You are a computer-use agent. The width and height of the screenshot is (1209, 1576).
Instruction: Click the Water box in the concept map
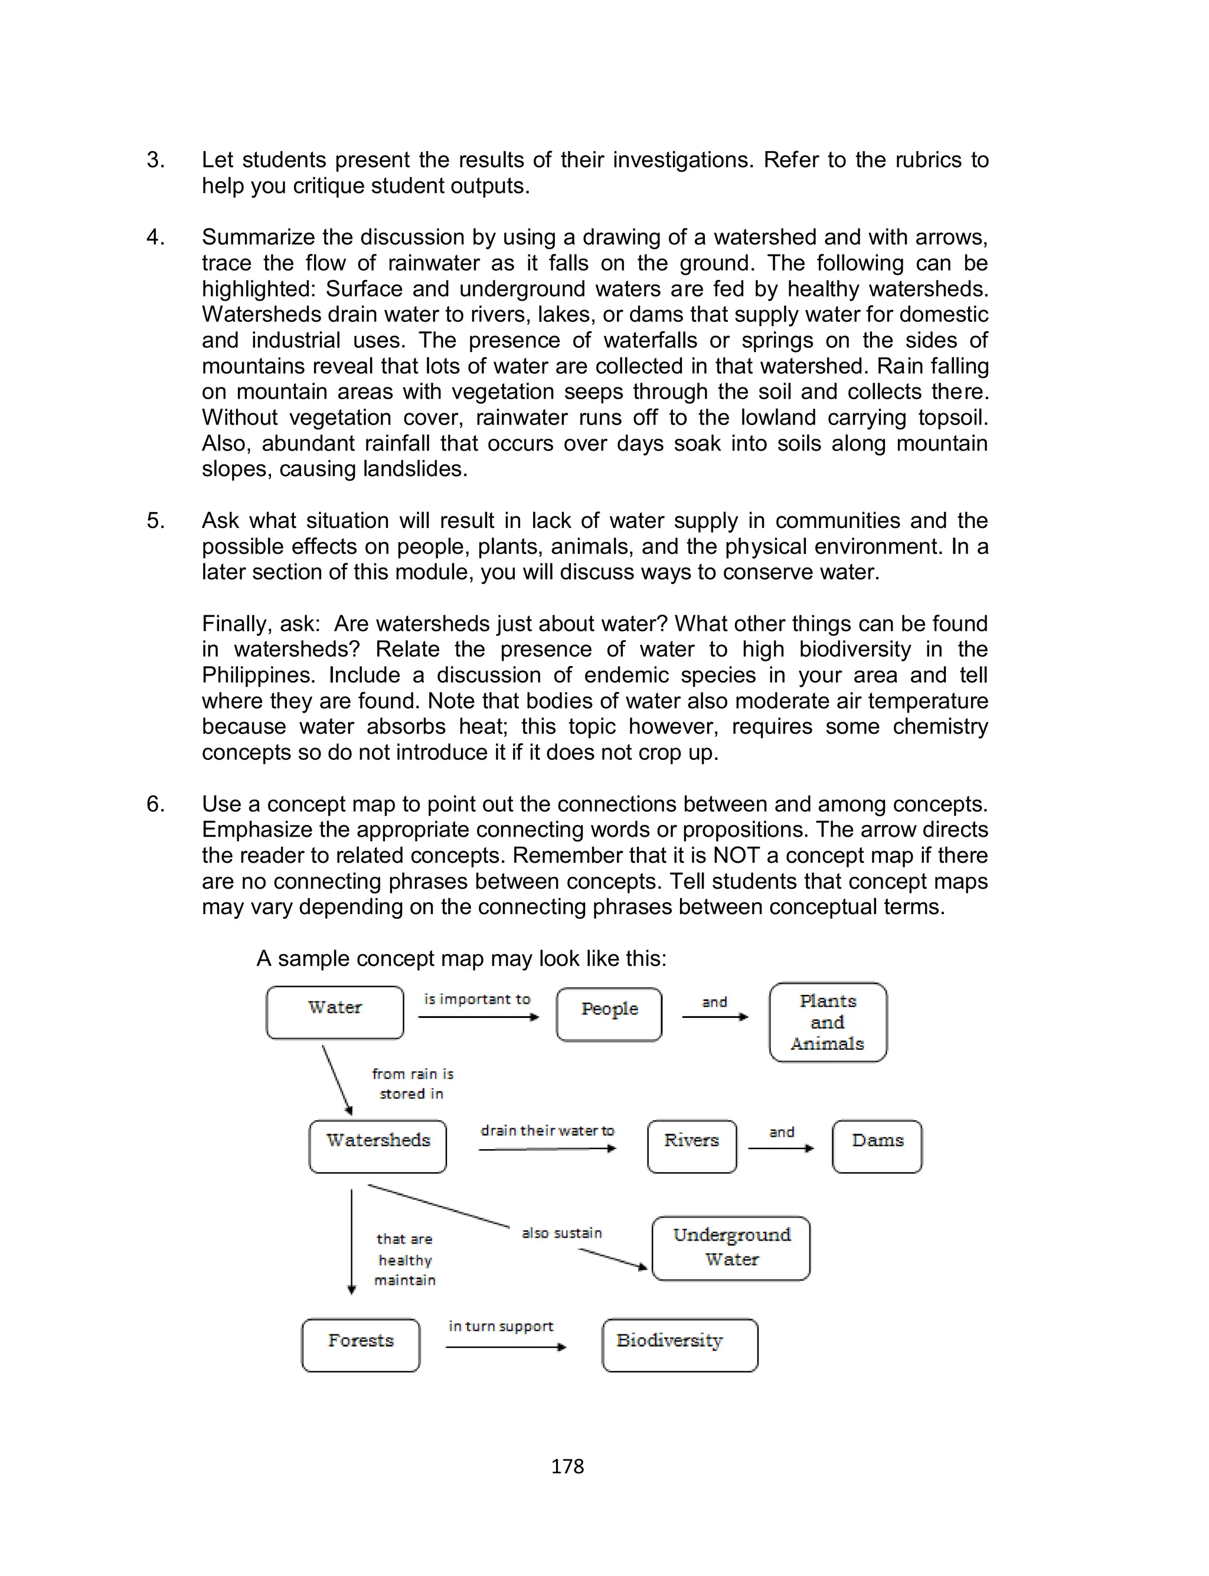coord(335,1012)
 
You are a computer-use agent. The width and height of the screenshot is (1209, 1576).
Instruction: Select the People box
coord(609,1014)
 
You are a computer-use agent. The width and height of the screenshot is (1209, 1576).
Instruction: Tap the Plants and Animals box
coord(828,1022)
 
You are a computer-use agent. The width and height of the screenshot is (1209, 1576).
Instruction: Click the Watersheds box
coord(378,1146)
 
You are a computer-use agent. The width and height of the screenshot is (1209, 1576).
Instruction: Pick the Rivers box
coord(692,1146)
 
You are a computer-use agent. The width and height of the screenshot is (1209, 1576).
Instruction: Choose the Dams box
coord(877,1146)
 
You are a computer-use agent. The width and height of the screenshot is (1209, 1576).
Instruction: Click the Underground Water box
coord(731,1247)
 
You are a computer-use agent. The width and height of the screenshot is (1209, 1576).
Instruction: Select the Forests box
coord(361,1345)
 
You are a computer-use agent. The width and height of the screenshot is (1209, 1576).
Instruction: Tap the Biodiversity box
coord(679,1345)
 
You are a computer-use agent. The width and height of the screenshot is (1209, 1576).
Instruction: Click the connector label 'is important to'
coord(477,999)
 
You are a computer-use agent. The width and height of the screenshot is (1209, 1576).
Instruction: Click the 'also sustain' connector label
coord(561,1233)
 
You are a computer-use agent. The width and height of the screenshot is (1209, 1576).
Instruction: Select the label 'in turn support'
coord(501,1326)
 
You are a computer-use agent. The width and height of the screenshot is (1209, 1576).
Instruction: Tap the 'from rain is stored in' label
coord(413,1083)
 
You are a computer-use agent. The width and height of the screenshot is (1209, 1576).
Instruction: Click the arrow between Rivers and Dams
coord(781,1148)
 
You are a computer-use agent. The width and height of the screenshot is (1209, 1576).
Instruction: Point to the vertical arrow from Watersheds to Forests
coord(351,1241)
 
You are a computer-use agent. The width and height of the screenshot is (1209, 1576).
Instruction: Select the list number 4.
coord(155,237)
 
